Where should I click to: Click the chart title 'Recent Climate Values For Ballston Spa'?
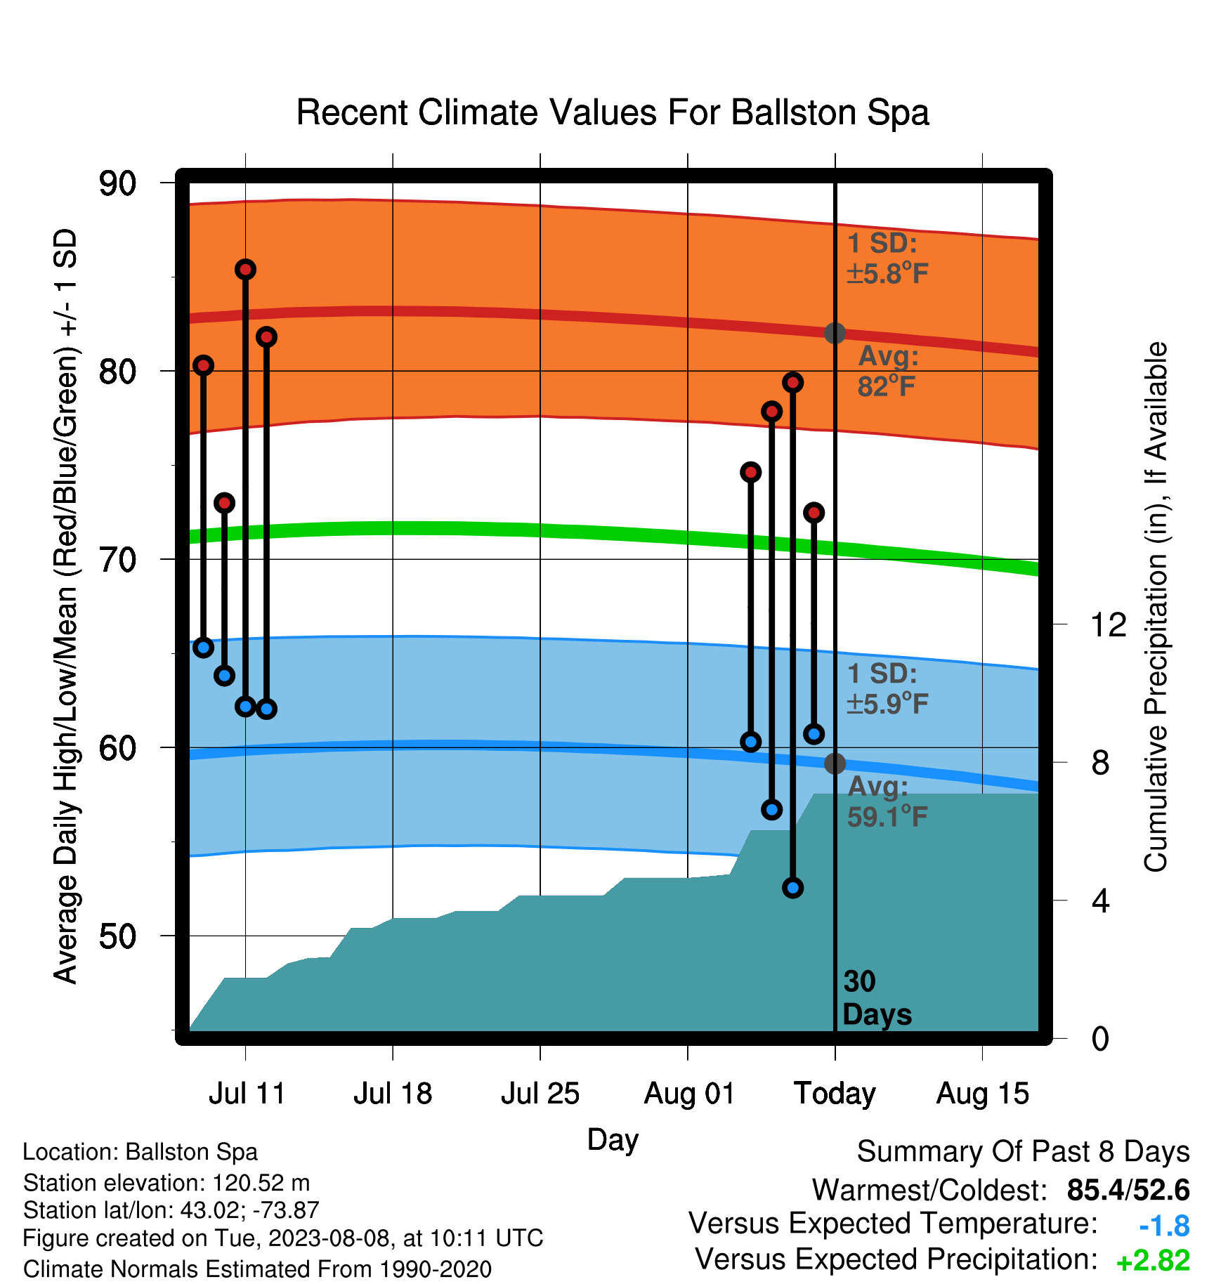[613, 112]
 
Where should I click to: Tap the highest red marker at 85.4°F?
[245, 270]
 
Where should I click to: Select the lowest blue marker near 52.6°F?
[793, 888]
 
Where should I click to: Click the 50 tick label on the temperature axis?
[117, 936]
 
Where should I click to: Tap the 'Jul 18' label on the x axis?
[393, 1094]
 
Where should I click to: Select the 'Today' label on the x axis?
[835, 1094]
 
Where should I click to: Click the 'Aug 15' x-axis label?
[983, 1094]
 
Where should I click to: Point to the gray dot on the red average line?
[835, 333]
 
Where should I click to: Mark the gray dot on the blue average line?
[835, 764]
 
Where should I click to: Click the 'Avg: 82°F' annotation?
[888, 372]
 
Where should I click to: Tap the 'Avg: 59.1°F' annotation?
[888, 801]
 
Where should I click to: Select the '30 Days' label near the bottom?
[877, 998]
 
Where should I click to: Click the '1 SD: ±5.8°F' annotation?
[888, 258]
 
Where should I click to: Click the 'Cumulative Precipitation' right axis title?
[1156, 607]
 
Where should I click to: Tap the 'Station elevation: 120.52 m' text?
[166, 1183]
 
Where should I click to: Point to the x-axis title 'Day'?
[613, 1140]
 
